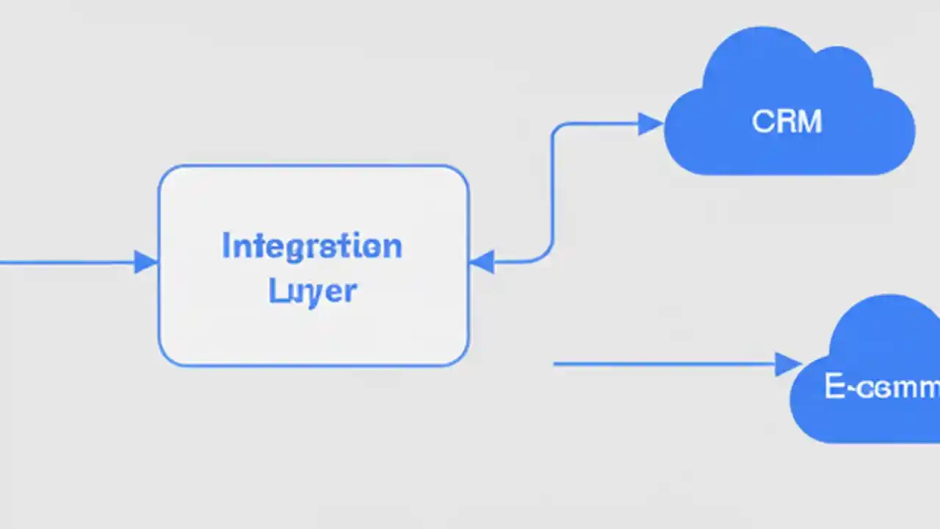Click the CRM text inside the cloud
787,122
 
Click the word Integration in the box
312,247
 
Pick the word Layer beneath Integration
313,291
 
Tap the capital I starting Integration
226,246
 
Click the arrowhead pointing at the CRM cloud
651,124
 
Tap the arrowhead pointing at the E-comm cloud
788,364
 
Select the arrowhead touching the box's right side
481,262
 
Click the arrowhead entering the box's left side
146,262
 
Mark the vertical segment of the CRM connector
552,191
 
